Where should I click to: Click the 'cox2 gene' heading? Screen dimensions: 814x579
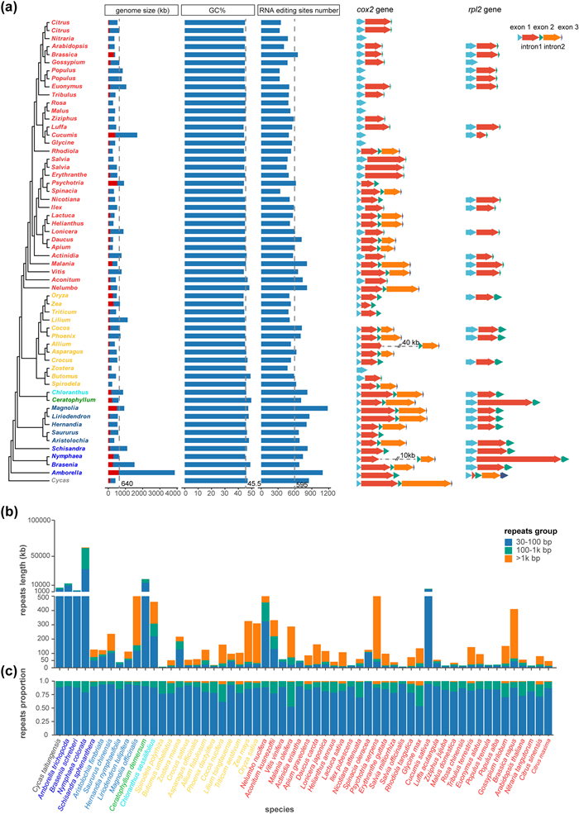tap(374, 9)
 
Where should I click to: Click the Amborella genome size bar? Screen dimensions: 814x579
tap(141, 472)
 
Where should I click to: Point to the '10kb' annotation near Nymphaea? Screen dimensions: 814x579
tap(408, 455)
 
